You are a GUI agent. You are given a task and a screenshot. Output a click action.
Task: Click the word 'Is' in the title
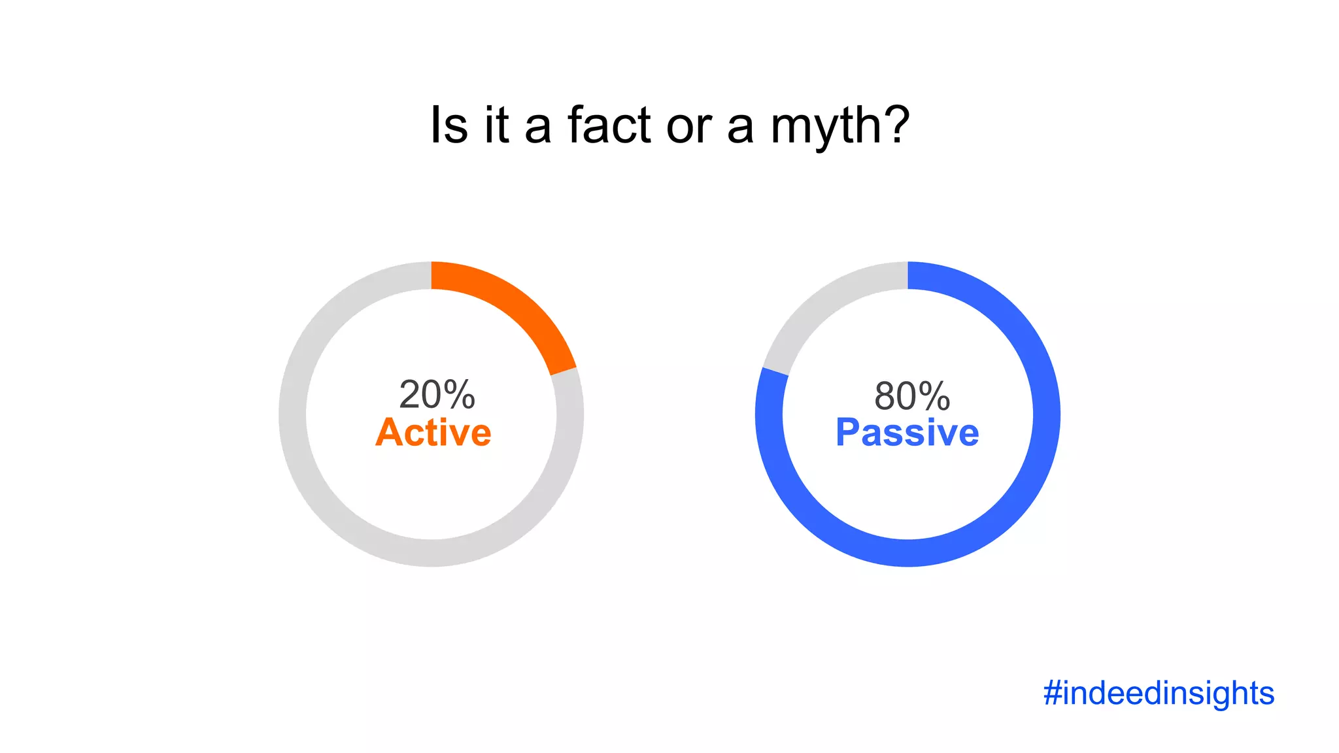click(x=449, y=125)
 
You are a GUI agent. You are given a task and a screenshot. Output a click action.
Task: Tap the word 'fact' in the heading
click(x=609, y=125)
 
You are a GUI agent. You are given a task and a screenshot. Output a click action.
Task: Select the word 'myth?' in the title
click(x=840, y=127)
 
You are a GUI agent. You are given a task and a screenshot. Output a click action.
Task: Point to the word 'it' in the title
click(x=496, y=125)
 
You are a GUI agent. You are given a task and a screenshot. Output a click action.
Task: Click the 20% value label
click(x=437, y=395)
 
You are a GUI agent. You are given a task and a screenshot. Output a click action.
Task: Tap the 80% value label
click(x=912, y=396)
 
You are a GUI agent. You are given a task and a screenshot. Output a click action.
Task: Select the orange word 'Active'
click(x=433, y=433)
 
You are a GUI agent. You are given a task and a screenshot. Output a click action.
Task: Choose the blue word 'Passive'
click(x=907, y=433)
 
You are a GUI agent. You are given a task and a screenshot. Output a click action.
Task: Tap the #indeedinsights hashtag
click(x=1159, y=693)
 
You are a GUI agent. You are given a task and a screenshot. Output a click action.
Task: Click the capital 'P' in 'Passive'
click(x=849, y=433)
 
